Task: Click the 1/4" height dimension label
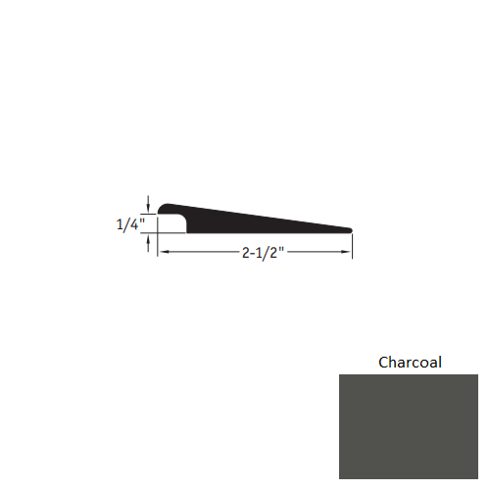coord(128,223)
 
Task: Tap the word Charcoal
coord(411,363)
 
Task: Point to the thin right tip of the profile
coord(348,230)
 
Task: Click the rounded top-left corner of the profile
coord(162,208)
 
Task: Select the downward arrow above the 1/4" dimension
coord(148,204)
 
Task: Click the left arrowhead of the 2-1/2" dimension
coord(163,253)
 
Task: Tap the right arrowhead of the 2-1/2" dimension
coord(348,253)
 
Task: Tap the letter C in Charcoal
coord(384,363)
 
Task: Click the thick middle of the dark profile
coord(235,220)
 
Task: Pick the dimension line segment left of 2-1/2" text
coord(201,253)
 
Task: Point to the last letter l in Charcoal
coord(439,363)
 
